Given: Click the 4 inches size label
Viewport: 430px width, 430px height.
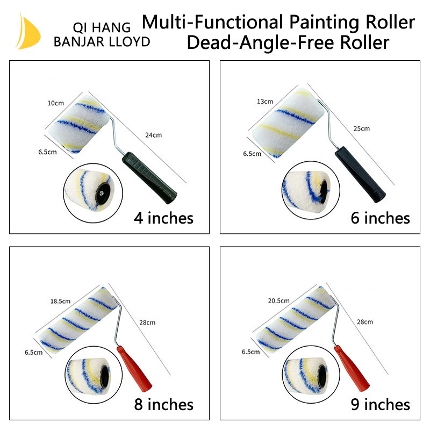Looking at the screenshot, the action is coord(163,218).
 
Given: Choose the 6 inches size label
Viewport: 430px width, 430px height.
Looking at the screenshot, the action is coord(380,218).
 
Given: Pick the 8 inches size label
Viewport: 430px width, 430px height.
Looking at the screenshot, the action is coord(163,404).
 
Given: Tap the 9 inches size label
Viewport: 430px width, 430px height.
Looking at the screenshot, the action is coord(380,404).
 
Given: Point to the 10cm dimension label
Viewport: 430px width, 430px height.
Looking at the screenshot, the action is coord(55,102).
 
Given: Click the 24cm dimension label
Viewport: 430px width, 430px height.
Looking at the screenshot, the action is coord(153,135).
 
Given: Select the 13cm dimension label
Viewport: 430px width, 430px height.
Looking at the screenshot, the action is coord(265,101).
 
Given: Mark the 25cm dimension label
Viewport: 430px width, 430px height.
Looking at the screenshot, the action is coord(361,128).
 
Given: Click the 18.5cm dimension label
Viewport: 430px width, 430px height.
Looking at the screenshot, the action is coord(61,302).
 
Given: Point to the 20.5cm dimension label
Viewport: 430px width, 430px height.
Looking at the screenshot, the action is coord(278,301).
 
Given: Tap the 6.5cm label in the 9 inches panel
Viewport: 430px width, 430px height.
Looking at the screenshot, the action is coord(250,352).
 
